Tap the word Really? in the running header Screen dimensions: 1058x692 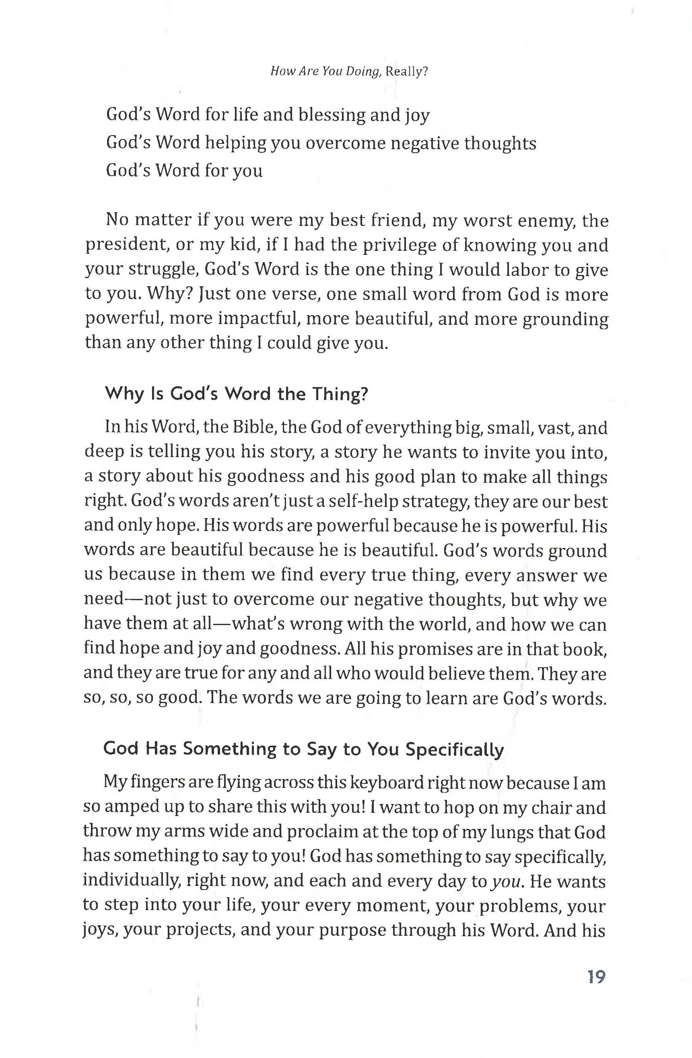(407, 72)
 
